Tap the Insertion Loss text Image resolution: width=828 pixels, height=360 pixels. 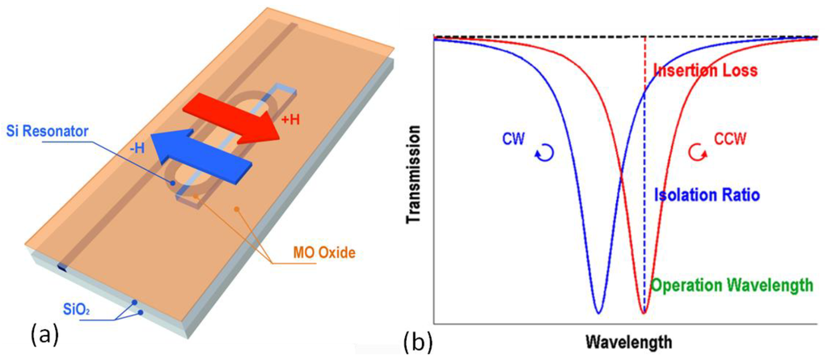click(x=705, y=70)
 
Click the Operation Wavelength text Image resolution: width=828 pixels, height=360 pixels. click(x=733, y=285)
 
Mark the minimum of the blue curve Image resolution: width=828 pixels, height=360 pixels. click(x=598, y=311)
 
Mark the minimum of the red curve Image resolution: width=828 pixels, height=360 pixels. click(x=644, y=311)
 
